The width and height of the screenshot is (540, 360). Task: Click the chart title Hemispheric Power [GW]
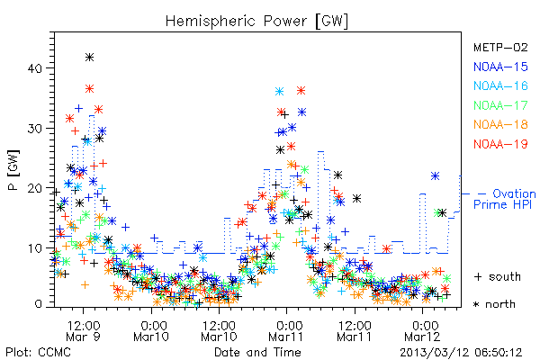coord(256,22)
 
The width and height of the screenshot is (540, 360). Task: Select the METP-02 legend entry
coord(500,47)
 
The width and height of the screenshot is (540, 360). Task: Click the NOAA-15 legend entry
coord(500,67)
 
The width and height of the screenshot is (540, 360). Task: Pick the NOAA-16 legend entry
coord(500,85)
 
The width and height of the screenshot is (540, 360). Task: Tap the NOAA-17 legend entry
coord(500,105)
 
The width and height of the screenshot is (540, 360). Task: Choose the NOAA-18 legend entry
coord(500,124)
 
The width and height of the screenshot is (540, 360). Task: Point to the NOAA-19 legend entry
coord(500,144)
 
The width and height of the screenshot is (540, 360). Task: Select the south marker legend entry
coord(498,276)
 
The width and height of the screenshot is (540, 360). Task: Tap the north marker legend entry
coord(494,304)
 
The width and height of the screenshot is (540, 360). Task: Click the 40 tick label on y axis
coord(34,68)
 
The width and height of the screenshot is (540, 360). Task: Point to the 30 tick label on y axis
coord(34,129)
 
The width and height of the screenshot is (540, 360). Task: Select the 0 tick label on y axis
coord(39,304)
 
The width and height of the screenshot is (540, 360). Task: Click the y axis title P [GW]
coord(13,170)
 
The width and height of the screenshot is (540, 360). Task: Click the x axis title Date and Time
coord(257,352)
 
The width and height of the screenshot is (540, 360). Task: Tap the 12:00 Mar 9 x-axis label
coord(83,331)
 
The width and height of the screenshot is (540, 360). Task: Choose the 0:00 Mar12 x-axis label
coord(423,331)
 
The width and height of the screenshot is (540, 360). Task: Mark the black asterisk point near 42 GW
coord(89,58)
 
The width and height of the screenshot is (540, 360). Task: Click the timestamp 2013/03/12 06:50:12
coord(461,352)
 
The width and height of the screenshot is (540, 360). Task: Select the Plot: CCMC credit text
coord(38,352)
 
